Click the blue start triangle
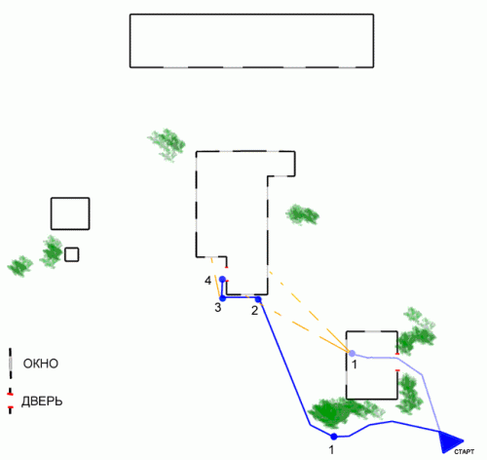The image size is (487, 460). click(x=449, y=441)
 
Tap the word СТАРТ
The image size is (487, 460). click(x=464, y=452)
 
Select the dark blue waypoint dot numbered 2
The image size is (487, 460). click(x=258, y=299)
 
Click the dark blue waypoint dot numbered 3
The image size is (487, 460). click(x=223, y=298)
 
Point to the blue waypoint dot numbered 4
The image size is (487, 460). click(x=222, y=279)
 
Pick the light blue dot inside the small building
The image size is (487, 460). click(x=352, y=354)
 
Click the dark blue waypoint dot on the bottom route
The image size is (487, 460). click(x=334, y=437)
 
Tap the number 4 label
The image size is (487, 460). click(x=207, y=281)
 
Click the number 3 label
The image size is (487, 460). click(x=218, y=307)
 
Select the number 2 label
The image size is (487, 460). click(x=254, y=311)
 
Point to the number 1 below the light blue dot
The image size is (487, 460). click(x=355, y=364)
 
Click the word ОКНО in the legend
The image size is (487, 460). click(x=41, y=364)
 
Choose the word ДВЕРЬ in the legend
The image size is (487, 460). click(x=42, y=402)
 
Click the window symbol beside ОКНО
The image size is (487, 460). click(x=11, y=364)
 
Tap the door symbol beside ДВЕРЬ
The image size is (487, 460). click(x=10, y=401)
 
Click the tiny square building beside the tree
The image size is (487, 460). click(x=72, y=254)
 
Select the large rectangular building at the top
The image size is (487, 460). click(x=251, y=41)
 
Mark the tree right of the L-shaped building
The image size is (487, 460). click(x=302, y=214)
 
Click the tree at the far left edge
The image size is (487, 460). click(x=20, y=266)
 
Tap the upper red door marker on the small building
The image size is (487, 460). click(x=397, y=354)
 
